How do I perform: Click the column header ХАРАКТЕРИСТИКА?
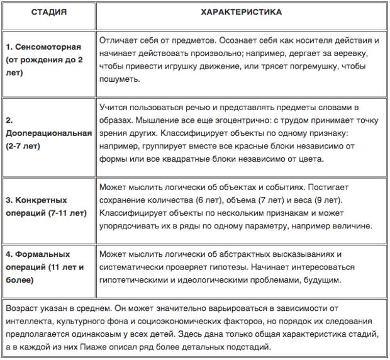click(241, 12)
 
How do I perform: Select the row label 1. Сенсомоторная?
click(43, 47)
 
